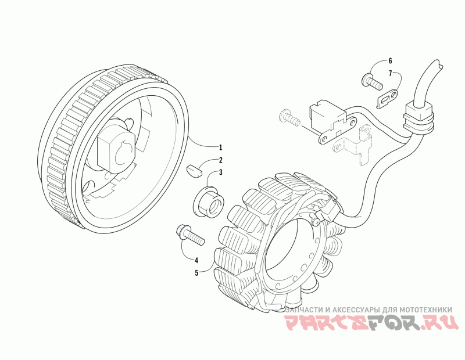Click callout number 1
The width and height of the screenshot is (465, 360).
pos(220,146)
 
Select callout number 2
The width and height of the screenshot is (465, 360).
pos(220,160)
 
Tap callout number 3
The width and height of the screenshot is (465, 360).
pos(220,172)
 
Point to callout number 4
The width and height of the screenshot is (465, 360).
pos(196,260)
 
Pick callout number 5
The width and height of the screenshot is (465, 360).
pos(196,272)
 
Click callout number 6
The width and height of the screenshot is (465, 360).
pos(390,60)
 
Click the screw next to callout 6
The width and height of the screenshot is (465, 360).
pos(373,80)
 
